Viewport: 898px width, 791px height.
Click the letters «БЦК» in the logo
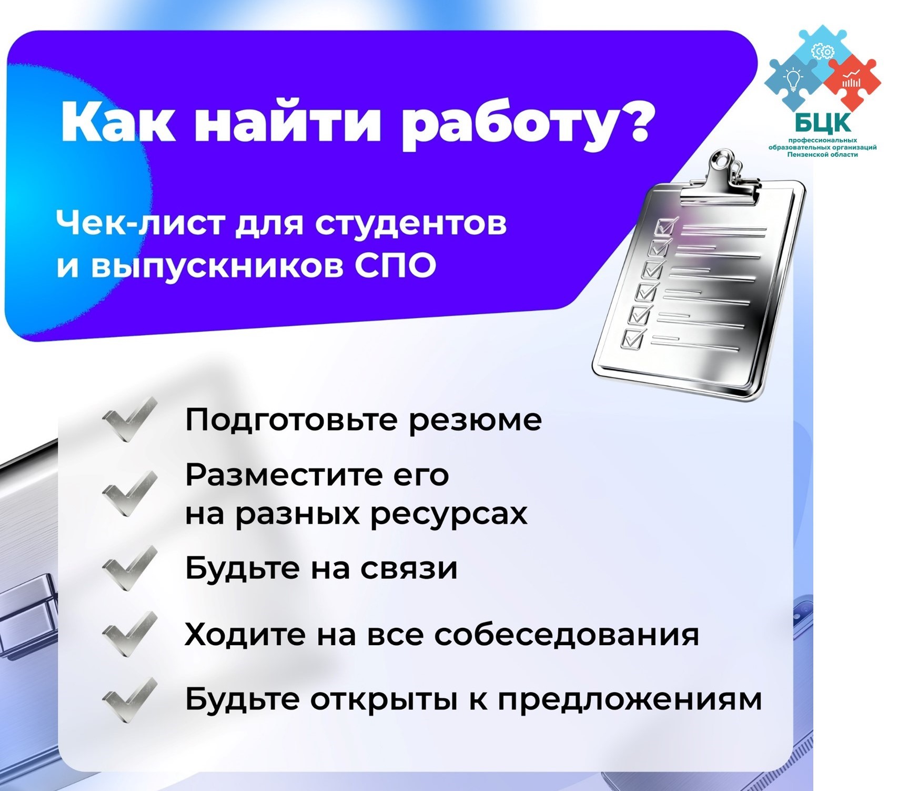point(822,123)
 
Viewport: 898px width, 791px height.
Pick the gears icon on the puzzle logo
point(823,51)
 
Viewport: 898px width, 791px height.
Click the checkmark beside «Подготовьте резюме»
point(130,419)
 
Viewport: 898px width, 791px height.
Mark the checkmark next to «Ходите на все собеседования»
point(130,634)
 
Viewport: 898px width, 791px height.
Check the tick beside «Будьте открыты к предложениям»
point(130,699)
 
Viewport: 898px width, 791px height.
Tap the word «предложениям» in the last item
point(630,700)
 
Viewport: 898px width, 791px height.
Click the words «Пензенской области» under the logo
point(822,155)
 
